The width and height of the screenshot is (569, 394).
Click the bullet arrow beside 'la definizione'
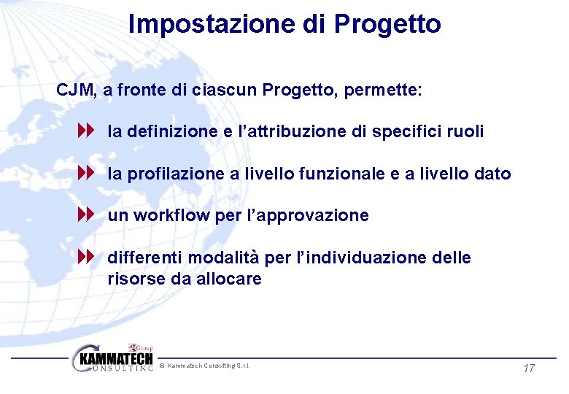tap(87, 132)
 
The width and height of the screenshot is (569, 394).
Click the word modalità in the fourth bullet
tap(235, 258)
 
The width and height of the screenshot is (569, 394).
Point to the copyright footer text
tap(207, 365)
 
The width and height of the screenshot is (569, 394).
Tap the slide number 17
tap(530, 368)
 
